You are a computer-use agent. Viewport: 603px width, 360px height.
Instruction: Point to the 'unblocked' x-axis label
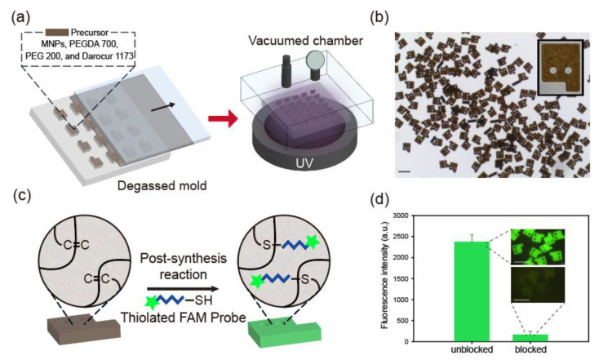point(472,349)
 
